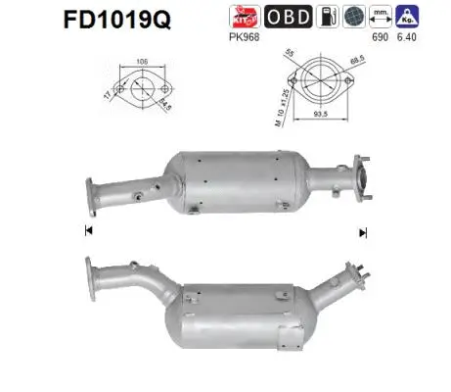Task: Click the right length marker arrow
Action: [x=363, y=232]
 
